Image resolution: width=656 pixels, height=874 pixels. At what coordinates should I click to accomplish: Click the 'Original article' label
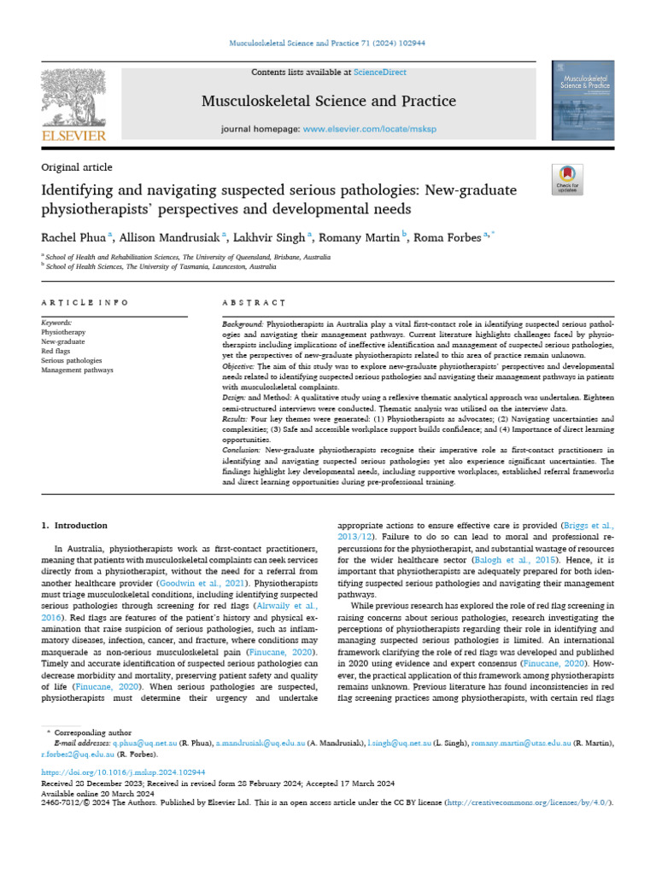(76, 167)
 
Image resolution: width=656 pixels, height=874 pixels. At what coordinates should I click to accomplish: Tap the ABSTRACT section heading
(254, 302)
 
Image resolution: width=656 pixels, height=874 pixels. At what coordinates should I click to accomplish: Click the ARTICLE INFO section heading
(85, 302)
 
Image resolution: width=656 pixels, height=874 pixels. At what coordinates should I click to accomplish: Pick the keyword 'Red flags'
(56, 350)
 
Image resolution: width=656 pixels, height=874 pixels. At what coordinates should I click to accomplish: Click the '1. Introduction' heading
(75, 526)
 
